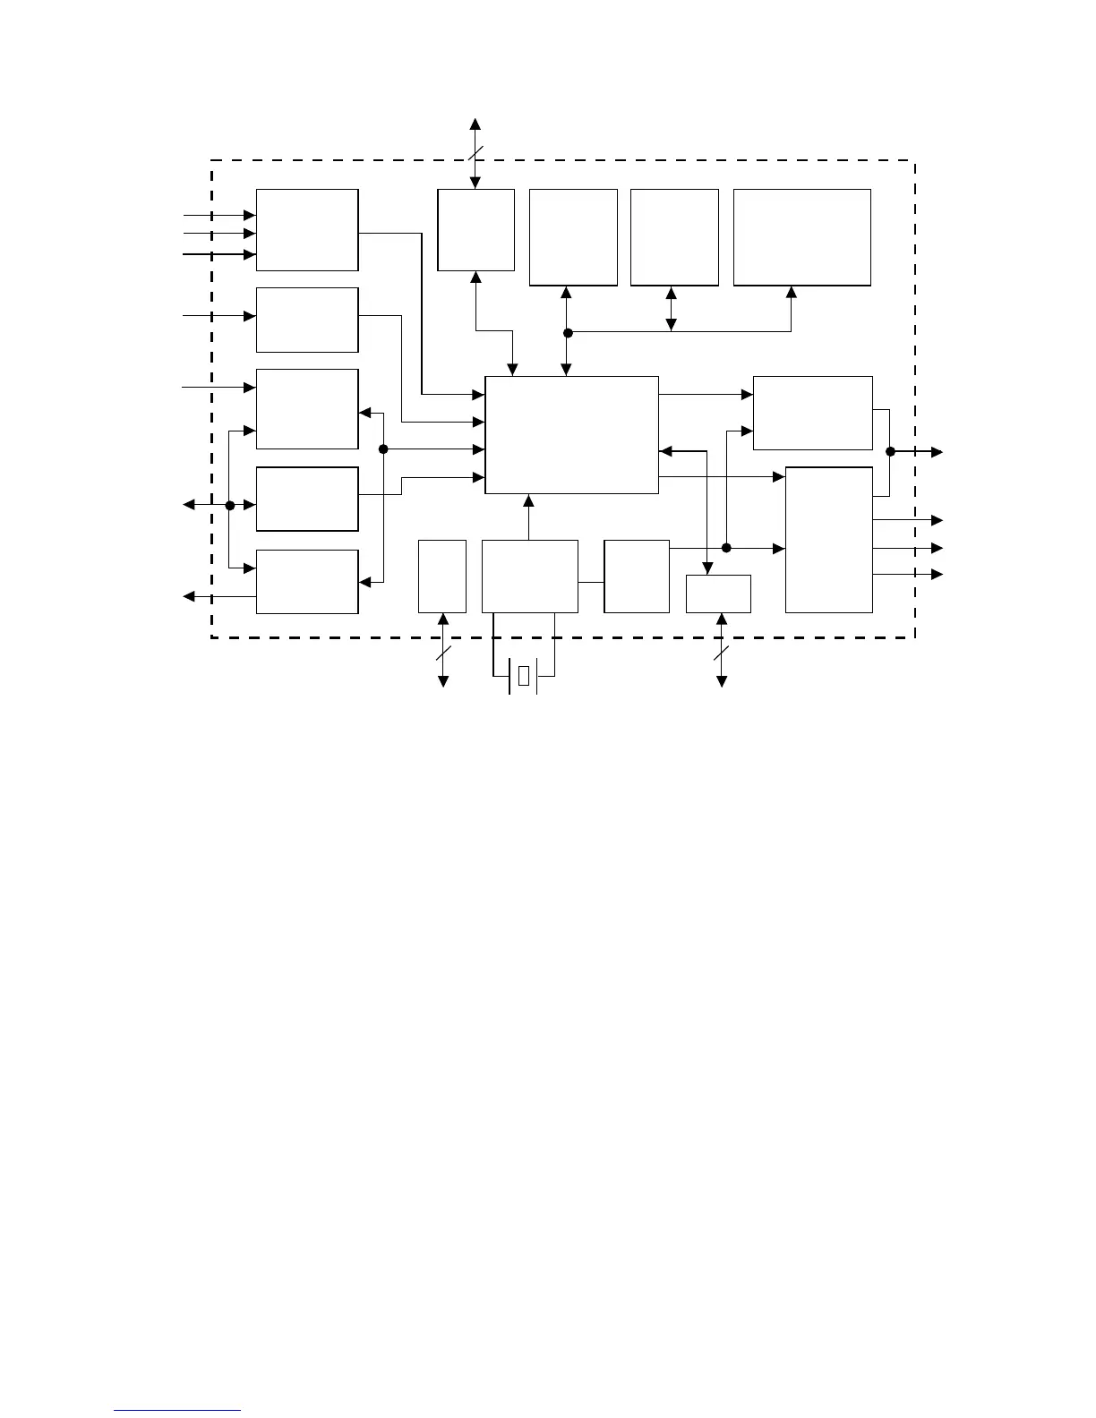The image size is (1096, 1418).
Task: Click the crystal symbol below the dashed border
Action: point(524,676)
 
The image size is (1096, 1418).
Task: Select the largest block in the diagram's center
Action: point(571,435)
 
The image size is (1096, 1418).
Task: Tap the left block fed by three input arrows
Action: point(307,230)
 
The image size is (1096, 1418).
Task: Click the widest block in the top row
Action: point(801,237)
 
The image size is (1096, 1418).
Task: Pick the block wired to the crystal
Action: point(529,577)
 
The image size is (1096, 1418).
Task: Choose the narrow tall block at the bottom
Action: point(442,577)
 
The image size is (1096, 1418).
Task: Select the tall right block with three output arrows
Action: point(828,540)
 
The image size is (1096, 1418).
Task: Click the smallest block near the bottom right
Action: point(718,594)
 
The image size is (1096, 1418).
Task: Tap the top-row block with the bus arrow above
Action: point(475,230)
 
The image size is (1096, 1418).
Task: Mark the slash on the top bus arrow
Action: point(475,153)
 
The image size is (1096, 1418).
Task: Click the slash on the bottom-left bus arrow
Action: point(442,653)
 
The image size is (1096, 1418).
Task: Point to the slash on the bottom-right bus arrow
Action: point(722,653)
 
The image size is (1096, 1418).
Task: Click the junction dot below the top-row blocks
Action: point(568,333)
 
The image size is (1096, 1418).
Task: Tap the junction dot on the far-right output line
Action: point(890,452)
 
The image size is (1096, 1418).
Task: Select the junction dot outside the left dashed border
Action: point(230,506)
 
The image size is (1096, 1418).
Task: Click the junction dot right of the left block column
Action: point(383,449)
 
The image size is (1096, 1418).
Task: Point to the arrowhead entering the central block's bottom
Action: point(529,500)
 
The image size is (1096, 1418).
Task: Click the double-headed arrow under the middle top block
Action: point(672,309)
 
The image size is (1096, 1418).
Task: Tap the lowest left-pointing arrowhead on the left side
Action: point(189,596)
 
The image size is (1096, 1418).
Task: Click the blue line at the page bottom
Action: point(178,1411)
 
